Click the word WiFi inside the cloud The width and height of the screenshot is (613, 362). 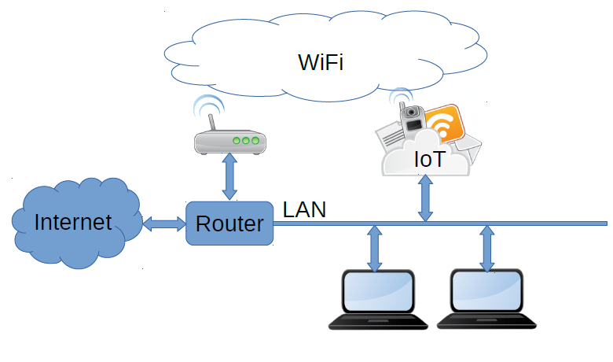pos(321,62)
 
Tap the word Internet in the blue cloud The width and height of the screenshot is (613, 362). pos(73,222)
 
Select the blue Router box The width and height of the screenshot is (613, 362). pos(229,223)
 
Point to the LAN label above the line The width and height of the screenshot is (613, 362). pos(305,209)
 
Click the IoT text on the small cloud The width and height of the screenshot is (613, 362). pos(429,160)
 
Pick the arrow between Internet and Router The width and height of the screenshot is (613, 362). pos(163,223)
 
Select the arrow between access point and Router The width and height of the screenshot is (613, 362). pos(229,177)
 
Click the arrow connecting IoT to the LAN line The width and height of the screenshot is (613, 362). pos(425,198)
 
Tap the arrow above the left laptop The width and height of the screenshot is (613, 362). pos(375,248)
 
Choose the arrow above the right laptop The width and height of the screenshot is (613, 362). pos(487,248)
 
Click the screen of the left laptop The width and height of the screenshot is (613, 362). pos(376,293)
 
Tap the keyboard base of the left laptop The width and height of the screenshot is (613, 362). pos(376,321)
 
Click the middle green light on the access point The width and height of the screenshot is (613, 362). pos(245,141)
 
